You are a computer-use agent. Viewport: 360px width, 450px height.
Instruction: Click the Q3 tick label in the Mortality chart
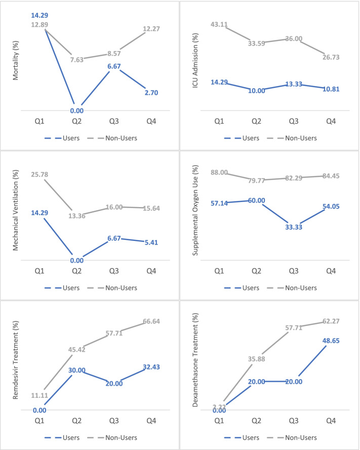tap(117, 122)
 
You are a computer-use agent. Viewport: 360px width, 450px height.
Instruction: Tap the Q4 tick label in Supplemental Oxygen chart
tap(332, 271)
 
